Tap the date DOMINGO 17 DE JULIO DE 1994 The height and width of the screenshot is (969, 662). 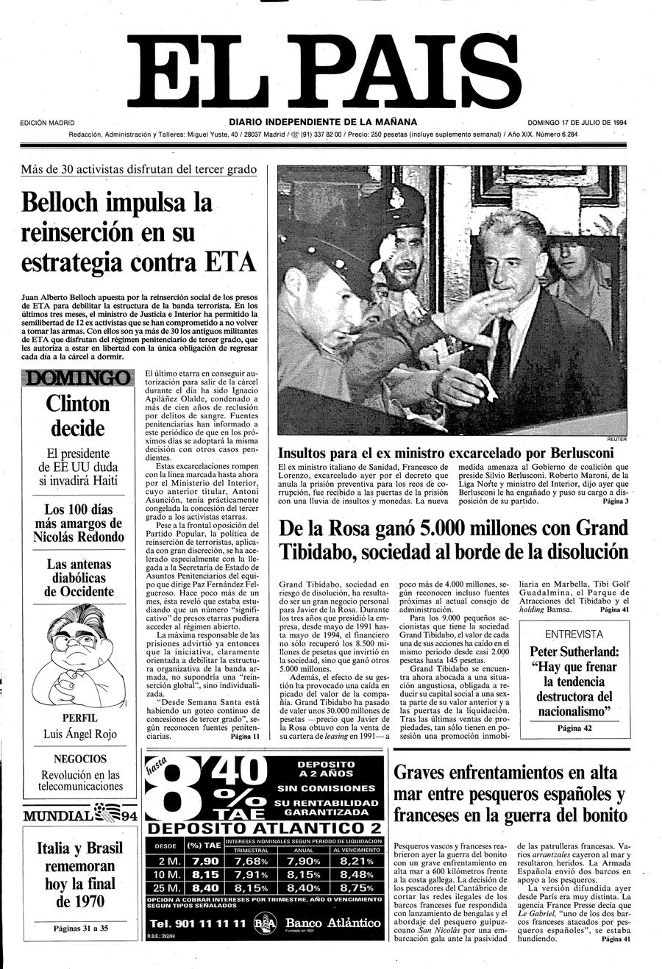coord(577,122)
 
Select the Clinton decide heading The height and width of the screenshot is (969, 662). coord(77,415)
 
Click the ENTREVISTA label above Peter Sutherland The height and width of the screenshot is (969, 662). coord(574,634)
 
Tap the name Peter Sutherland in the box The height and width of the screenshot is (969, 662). coord(574,651)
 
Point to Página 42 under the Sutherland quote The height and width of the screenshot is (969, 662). coord(574,729)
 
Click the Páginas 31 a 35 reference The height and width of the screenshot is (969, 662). coord(80,929)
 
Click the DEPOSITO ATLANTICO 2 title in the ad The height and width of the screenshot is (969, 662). coord(264,829)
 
